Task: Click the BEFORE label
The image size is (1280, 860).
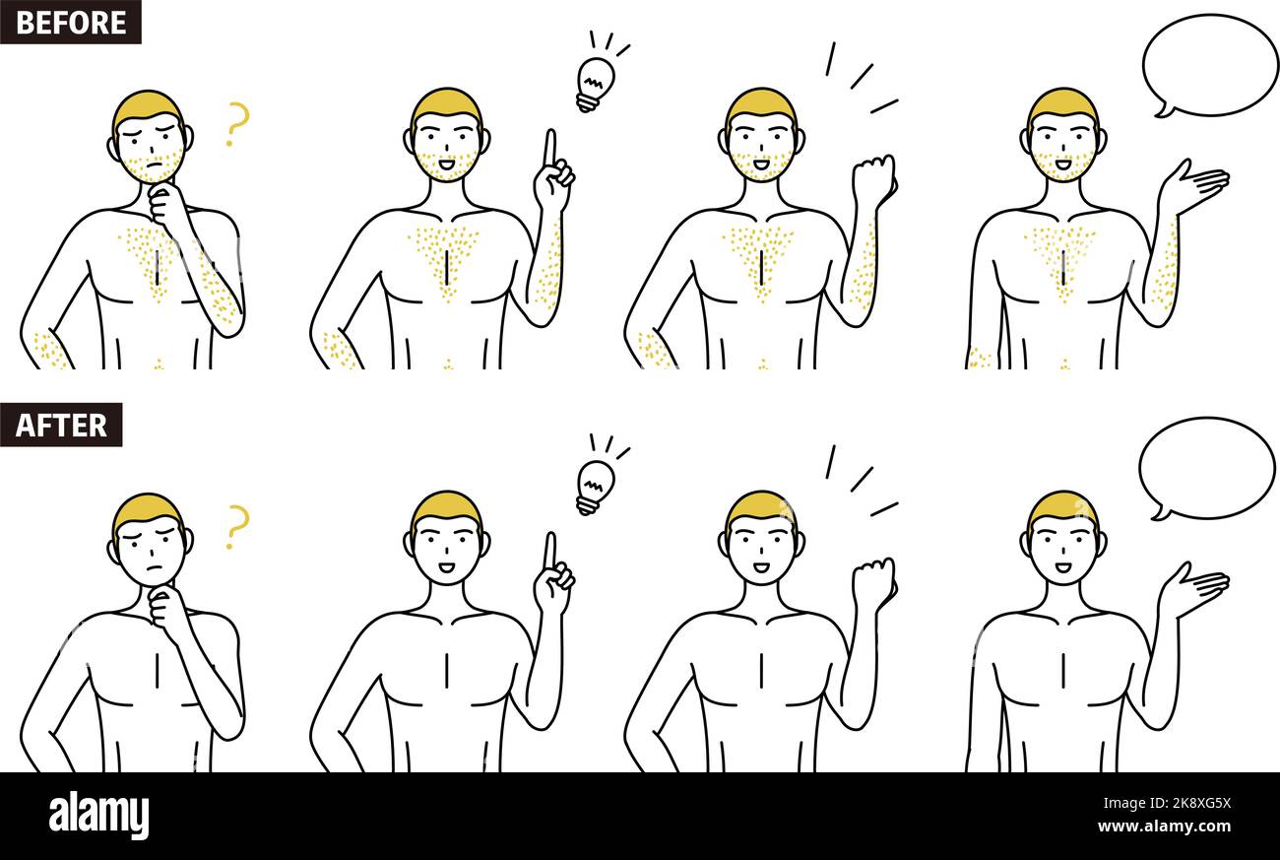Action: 71,22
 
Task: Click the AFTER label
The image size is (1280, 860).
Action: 61,425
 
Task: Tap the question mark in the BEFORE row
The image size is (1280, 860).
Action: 236,124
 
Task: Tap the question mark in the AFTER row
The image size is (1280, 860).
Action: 236,526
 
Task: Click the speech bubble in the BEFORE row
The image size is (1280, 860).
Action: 1208,65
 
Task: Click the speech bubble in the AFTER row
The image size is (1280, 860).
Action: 1205,468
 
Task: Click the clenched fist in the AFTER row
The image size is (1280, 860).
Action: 872,582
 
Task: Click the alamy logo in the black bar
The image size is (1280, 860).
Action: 98,816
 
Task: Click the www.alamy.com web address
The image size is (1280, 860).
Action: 1165,827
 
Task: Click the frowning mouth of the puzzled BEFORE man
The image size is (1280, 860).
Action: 149,165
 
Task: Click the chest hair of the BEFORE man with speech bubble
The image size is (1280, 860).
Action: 1061,251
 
